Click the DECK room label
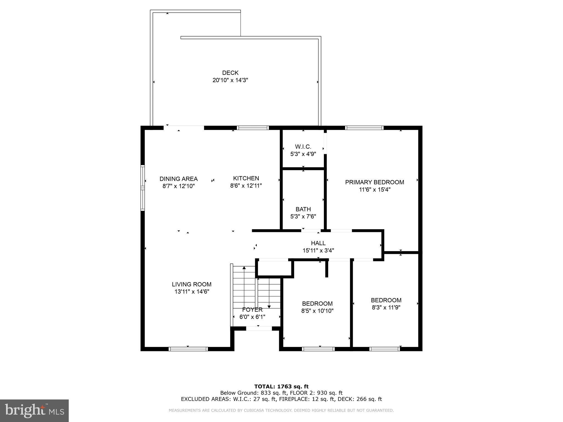click(x=230, y=73)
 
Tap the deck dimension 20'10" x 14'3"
click(x=230, y=80)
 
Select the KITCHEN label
click(x=246, y=178)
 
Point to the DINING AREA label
click(x=178, y=179)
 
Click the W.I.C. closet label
click(x=303, y=147)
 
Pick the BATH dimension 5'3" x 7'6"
click(x=303, y=216)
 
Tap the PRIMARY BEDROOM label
click(x=374, y=182)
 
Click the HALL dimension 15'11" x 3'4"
click(x=318, y=251)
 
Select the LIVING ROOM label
click(x=192, y=284)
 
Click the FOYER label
click(x=252, y=310)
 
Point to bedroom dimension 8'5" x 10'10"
click(x=317, y=311)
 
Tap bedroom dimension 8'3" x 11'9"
click(x=386, y=307)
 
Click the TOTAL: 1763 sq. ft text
click(x=281, y=387)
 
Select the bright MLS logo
click(x=34, y=410)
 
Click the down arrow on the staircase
click(x=269, y=306)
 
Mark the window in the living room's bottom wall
click(x=188, y=349)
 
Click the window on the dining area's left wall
click(x=142, y=188)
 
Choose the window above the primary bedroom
click(x=364, y=128)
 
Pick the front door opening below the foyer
click(x=259, y=329)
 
